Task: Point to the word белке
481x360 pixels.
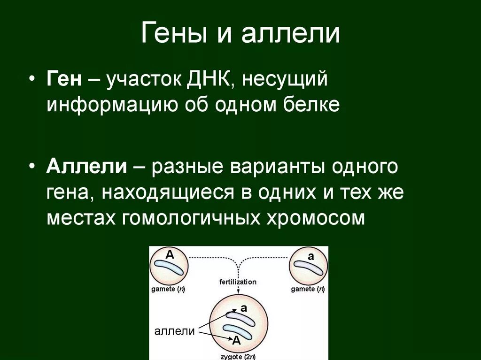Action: tap(313, 104)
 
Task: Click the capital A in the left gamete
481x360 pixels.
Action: tap(170, 255)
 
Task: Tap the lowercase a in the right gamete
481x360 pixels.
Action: tap(310, 256)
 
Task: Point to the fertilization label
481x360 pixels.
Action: tap(238, 282)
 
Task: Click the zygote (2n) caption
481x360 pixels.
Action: tap(238, 355)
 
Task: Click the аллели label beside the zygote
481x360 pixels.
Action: tap(175, 331)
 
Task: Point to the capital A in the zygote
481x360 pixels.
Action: tap(236, 341)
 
